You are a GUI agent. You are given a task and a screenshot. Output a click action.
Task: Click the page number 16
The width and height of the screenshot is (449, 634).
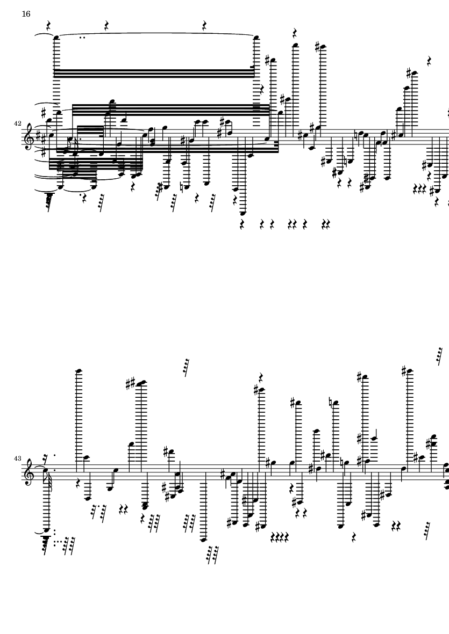[x=26, y=14]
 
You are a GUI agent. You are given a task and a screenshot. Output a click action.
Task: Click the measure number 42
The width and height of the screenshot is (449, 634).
[x=17, y=123]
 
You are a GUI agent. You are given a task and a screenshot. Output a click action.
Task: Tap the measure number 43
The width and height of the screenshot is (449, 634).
[x=17, y=458]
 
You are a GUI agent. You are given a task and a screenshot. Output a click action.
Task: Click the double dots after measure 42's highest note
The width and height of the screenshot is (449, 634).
[x=83, y=38]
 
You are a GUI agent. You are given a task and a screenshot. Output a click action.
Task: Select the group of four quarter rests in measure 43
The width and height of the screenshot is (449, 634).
[x=280, y=537]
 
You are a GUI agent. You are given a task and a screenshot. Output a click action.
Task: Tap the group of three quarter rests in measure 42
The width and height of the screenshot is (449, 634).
[x=418, y=188]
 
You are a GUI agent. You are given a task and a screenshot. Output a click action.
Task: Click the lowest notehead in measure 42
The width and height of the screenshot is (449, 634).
[x=242, y=214]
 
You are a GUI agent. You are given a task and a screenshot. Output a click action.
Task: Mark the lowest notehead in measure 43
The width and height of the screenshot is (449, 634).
[x=203, y=540]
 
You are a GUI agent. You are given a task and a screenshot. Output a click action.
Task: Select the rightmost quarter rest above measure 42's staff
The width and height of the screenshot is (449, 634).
[x=429, y=61]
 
